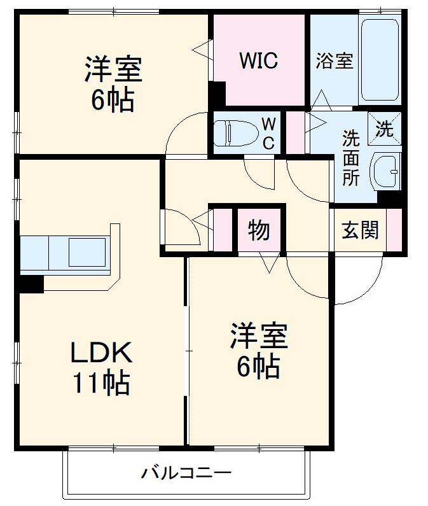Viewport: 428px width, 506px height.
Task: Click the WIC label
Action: point(258,61)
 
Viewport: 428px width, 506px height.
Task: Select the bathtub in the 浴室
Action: point(379,60)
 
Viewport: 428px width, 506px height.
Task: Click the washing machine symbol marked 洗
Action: point(384,128)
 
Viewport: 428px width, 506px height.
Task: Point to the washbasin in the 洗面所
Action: point(386,171)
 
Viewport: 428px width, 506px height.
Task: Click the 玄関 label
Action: point(361,230)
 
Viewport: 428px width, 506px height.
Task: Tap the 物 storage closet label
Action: point(258,230)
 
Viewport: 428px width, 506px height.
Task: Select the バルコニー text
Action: point(186,474)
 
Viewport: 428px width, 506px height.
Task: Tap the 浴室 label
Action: point(335,61)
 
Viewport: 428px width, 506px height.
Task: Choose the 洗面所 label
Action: point(350,157)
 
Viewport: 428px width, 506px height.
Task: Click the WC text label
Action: point(268,132)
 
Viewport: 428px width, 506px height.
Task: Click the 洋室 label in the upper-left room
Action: point(113,69)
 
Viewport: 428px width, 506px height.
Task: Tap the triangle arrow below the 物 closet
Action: point(269,262)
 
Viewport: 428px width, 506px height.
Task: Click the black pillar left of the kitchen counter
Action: point(31,283)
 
